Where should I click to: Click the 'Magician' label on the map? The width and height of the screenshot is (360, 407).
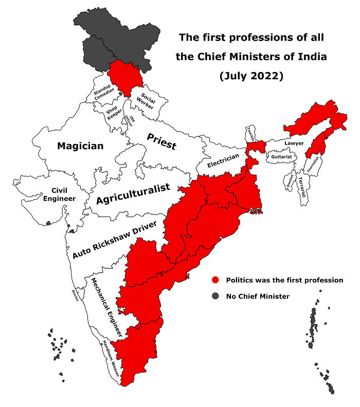point(80,146)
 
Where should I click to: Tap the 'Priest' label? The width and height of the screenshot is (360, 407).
point(161,141)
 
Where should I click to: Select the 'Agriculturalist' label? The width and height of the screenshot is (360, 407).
point(133,194)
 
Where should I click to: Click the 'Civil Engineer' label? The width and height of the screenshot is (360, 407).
point(56,194)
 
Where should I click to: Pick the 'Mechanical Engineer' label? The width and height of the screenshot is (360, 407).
point(106,308)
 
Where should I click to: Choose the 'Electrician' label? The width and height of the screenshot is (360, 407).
point(223,162)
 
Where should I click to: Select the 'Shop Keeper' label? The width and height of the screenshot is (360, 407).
point(113,112)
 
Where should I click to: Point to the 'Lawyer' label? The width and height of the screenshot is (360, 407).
point(294,143)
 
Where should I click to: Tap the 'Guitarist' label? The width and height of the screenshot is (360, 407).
point(282,156)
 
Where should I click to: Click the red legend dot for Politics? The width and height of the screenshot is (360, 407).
point(215,280)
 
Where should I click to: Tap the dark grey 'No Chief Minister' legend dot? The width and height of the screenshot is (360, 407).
point(215,296)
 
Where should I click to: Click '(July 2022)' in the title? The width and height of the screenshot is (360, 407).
point(251,76)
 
